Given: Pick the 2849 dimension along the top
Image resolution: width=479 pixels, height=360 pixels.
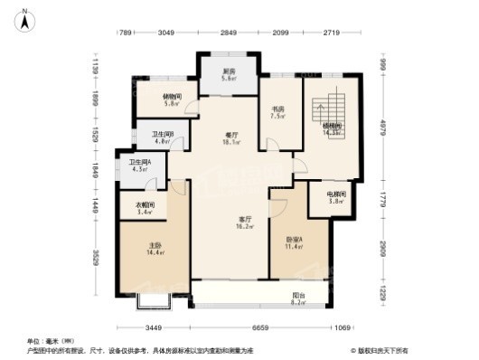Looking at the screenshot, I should point(229,33).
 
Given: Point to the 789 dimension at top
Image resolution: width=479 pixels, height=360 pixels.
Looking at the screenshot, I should point(127,33).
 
